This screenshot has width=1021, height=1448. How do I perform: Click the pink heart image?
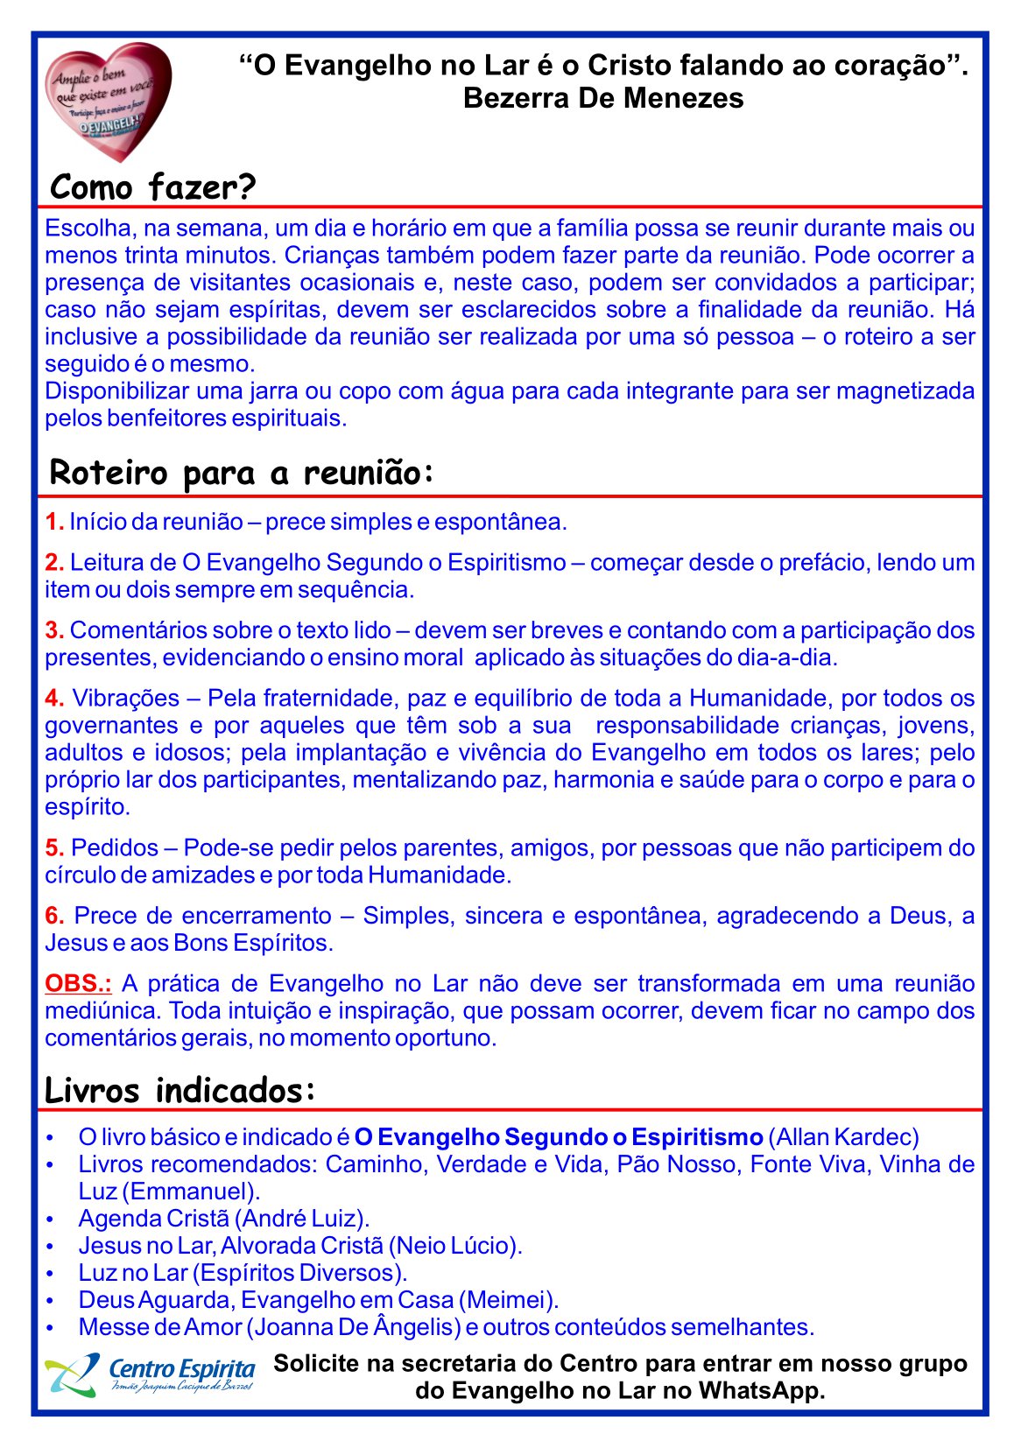click(x=108, y=102)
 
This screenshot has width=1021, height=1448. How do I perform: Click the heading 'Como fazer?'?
click(x=152, y=187)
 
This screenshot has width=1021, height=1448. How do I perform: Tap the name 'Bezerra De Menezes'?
click(x=603, y=98)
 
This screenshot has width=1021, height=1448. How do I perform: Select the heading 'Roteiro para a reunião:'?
click(x=242, y=473)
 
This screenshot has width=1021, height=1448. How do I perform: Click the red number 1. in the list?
click(x=54, y=523)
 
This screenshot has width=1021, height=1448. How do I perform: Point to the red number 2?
click(x=54, y=563)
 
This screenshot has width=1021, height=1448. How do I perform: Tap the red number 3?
click(x=54, y=630)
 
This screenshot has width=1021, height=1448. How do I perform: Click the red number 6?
click(x=54, y=917)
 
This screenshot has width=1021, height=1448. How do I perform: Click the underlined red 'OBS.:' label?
click(x=78, y=984)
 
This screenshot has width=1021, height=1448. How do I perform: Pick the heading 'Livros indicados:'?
click(x=180, y=1091)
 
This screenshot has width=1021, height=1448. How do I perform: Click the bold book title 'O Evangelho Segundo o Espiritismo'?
click(x=559, y=1137)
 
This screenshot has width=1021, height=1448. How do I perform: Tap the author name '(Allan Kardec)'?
click(x=843, y=1137)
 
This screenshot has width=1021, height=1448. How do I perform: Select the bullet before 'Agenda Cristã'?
click(x=51, y=1220)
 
